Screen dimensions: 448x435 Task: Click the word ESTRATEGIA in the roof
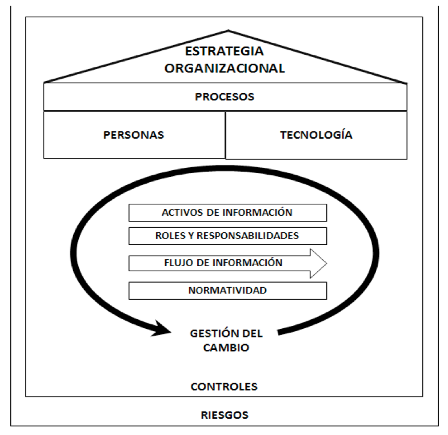(x=224, y=51)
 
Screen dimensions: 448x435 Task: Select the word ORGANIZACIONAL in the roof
(x=225, y=69)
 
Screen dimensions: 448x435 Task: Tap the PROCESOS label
(x=225, y=97)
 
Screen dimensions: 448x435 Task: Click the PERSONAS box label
(x=134, y=135)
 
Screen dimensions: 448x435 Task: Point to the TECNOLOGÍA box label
(x=317, y=135)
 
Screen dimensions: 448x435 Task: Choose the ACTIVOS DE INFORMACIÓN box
(x=227, y=212)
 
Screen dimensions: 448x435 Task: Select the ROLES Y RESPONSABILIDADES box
(x=227, y=236)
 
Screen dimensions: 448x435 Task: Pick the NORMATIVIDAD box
(x=227, y=291)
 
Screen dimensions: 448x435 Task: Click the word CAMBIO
(x=226, y=348)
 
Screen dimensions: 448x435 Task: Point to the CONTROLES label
(x=224, y=387)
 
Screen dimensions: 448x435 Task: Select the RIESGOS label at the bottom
(x=225, y=415)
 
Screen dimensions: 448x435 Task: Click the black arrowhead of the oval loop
(x=161, y=330)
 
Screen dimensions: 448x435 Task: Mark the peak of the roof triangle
(x=229, y=30)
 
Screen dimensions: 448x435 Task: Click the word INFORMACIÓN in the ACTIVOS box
(x=257, y=212)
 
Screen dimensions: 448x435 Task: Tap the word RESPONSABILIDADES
(x=248, y=236)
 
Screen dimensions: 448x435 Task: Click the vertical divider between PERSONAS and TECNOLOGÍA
(x=225, y=135)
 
